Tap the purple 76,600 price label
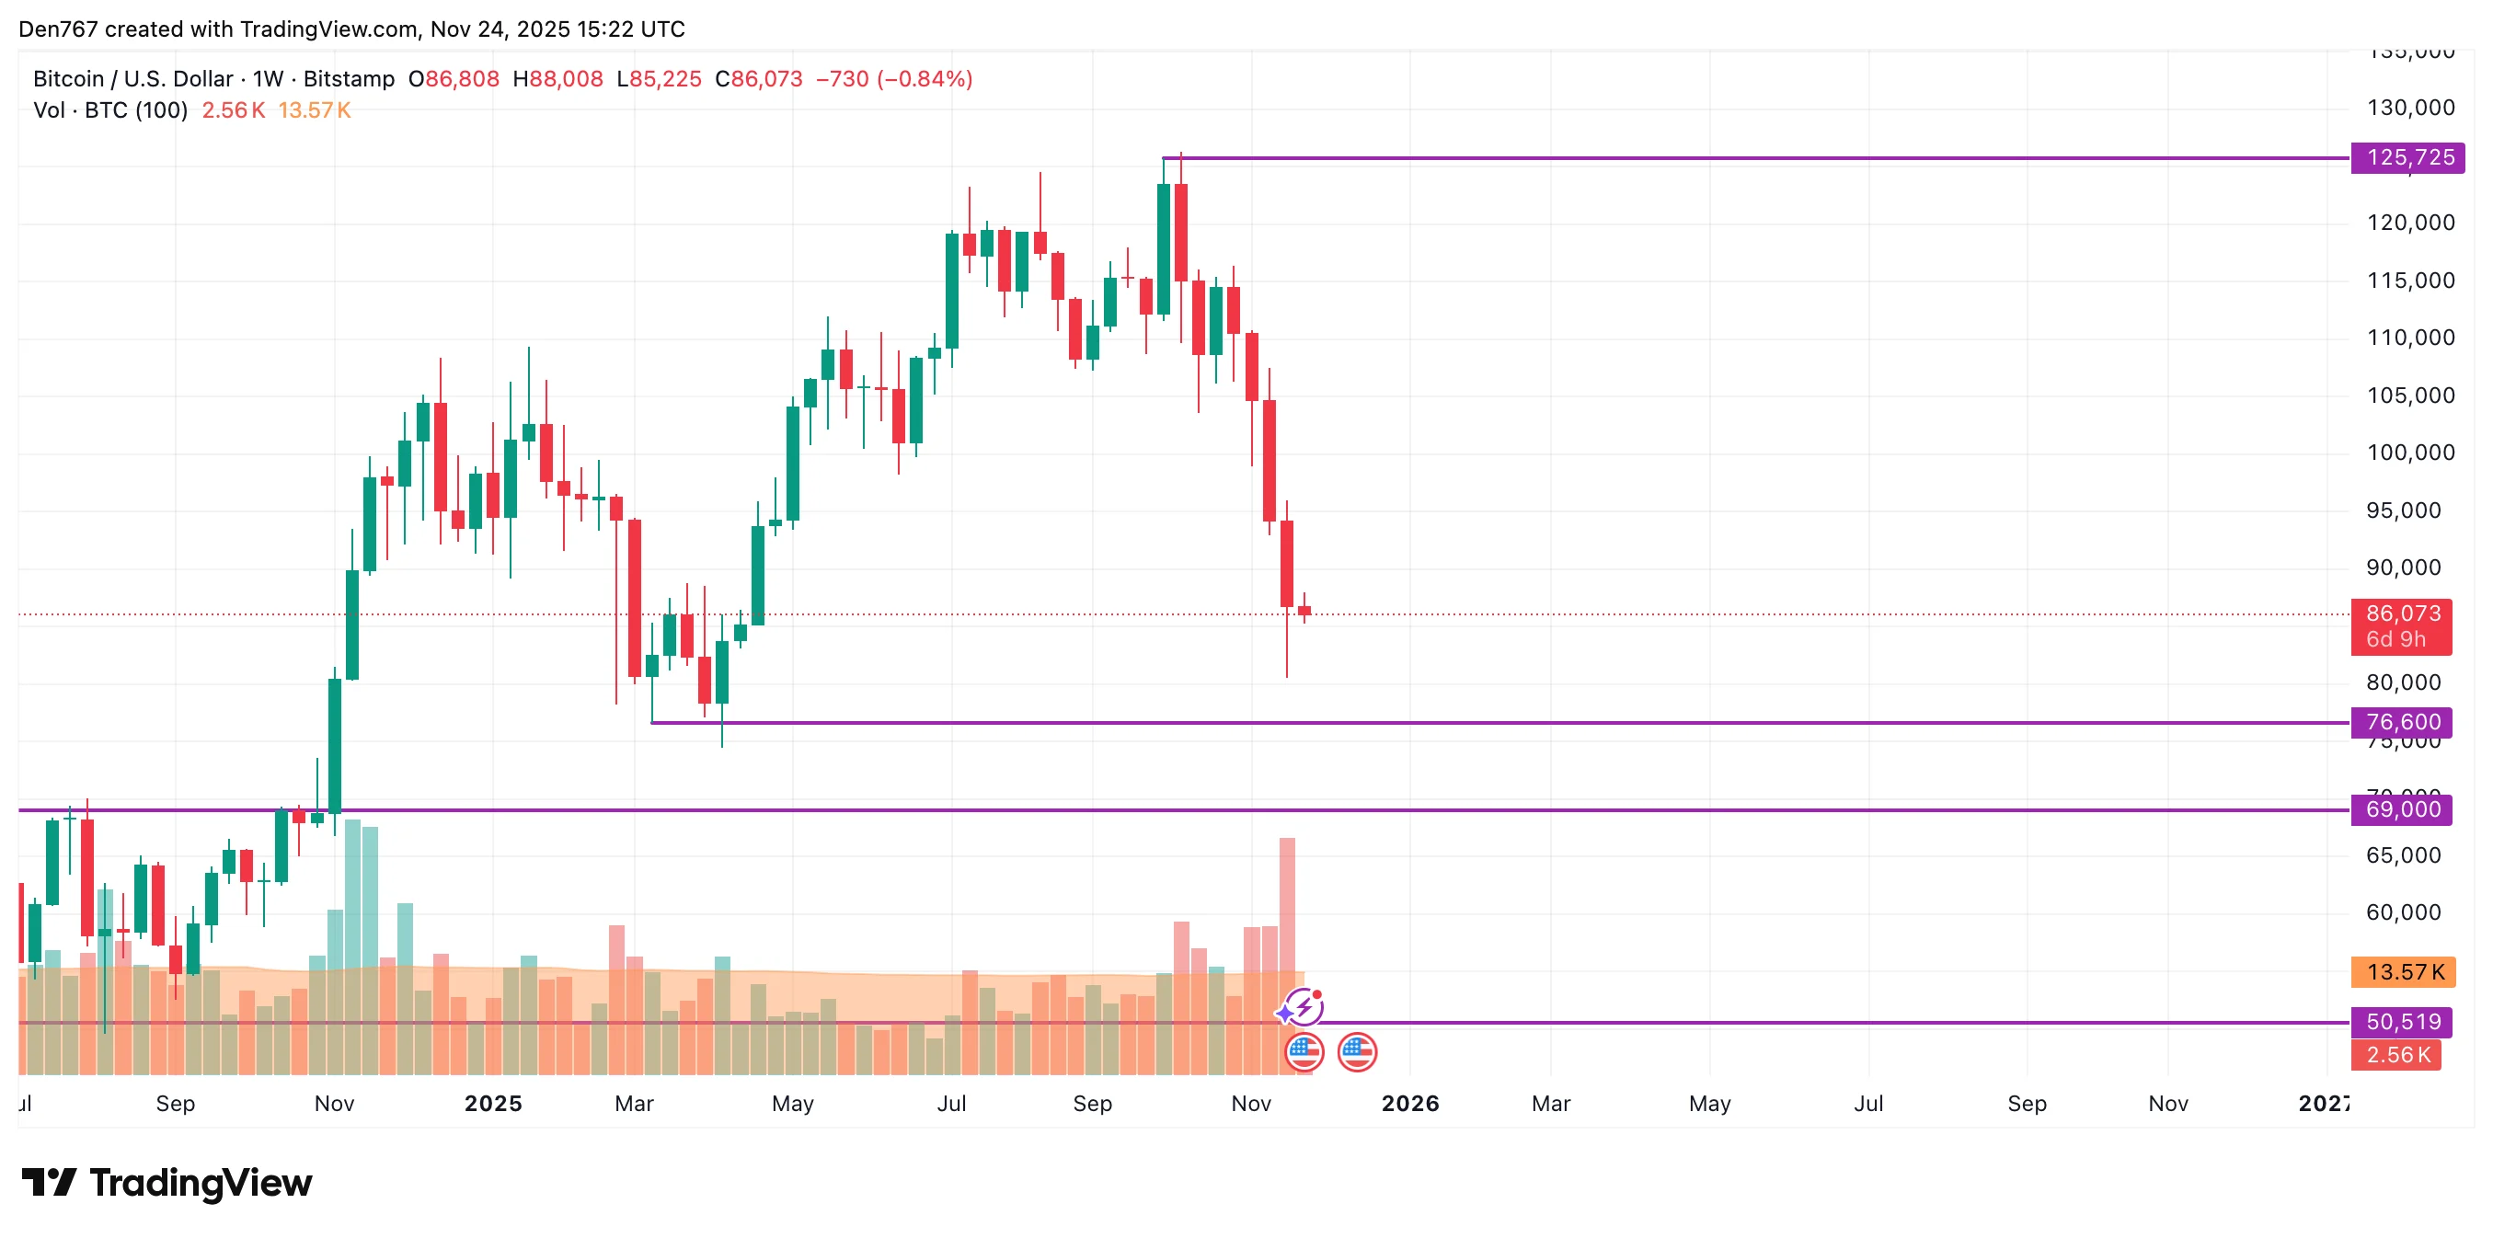point(2402,722)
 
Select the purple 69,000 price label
point(2402,809)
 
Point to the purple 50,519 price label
point(2402,1021)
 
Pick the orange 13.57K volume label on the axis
point(2404,972)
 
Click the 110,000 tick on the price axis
point(2410,338)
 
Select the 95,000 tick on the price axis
point(2403,510)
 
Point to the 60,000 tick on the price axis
point(2403,911)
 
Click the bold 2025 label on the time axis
point(492,1104)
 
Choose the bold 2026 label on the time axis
point(1410,1104)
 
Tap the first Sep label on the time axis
point(175,1104)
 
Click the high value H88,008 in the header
point(557,79)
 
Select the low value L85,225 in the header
point(659,79)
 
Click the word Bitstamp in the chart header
point(349,79)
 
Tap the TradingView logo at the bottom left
point(167,1183)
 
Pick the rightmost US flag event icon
point(1357,1052)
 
